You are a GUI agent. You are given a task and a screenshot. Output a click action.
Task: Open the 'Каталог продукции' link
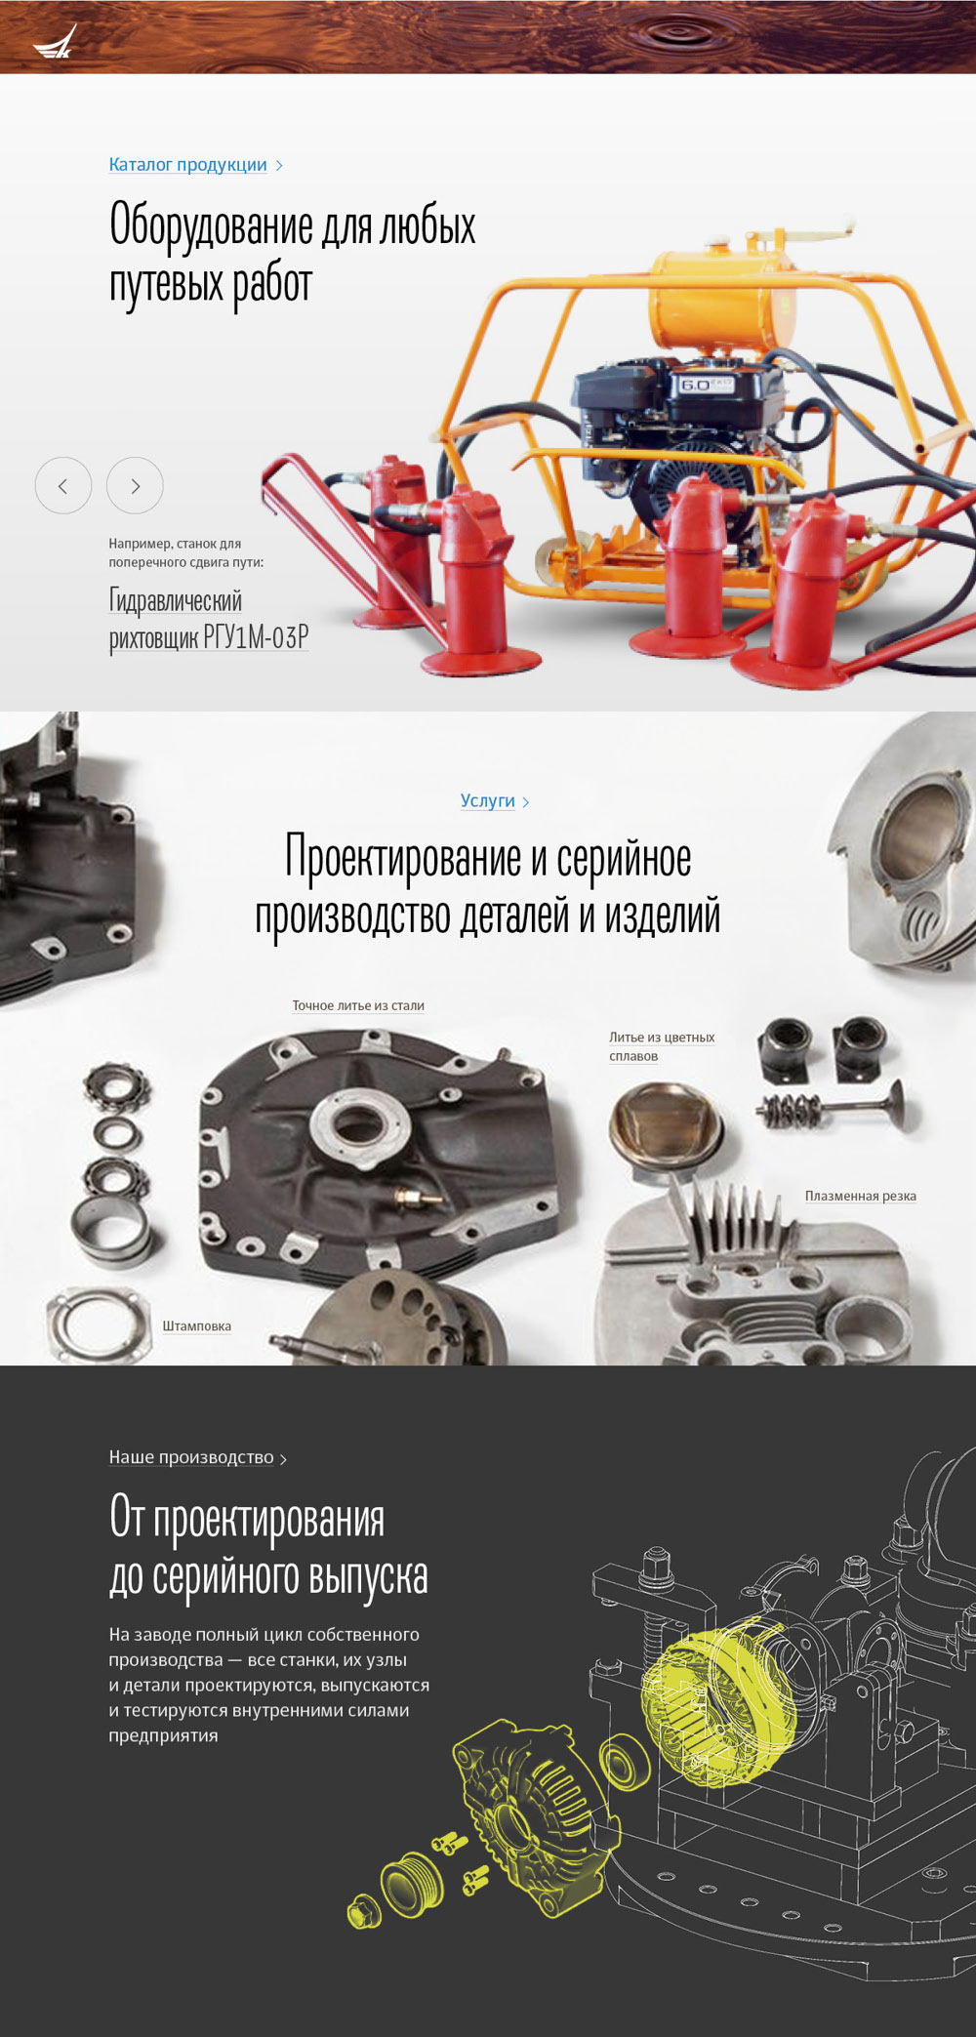coord(188,164)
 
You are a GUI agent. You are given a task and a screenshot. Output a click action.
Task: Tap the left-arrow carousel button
coord(63,485)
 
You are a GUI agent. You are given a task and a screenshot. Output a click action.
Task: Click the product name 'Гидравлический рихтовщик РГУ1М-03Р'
coord(209,619)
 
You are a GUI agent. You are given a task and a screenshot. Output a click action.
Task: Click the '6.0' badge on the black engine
coord(696,385)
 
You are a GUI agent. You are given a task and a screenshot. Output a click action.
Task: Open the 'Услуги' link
coord(488,800)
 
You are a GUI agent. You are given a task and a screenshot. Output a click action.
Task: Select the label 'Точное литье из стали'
coord(358,1005)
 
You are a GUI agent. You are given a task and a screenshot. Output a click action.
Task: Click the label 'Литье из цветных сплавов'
coord(662,1046)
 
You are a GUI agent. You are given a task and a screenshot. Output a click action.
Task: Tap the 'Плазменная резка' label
coord(860,1196)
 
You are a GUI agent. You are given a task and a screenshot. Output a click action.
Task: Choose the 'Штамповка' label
coord(196,1325)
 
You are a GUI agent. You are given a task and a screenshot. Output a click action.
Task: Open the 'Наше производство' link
coord(191,1456)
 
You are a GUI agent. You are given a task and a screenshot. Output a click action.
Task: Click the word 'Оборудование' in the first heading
coord(211,224)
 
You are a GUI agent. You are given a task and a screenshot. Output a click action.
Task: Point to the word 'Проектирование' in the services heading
coord(402,858)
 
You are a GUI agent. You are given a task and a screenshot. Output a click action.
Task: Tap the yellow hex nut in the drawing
coord(362,1912)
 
